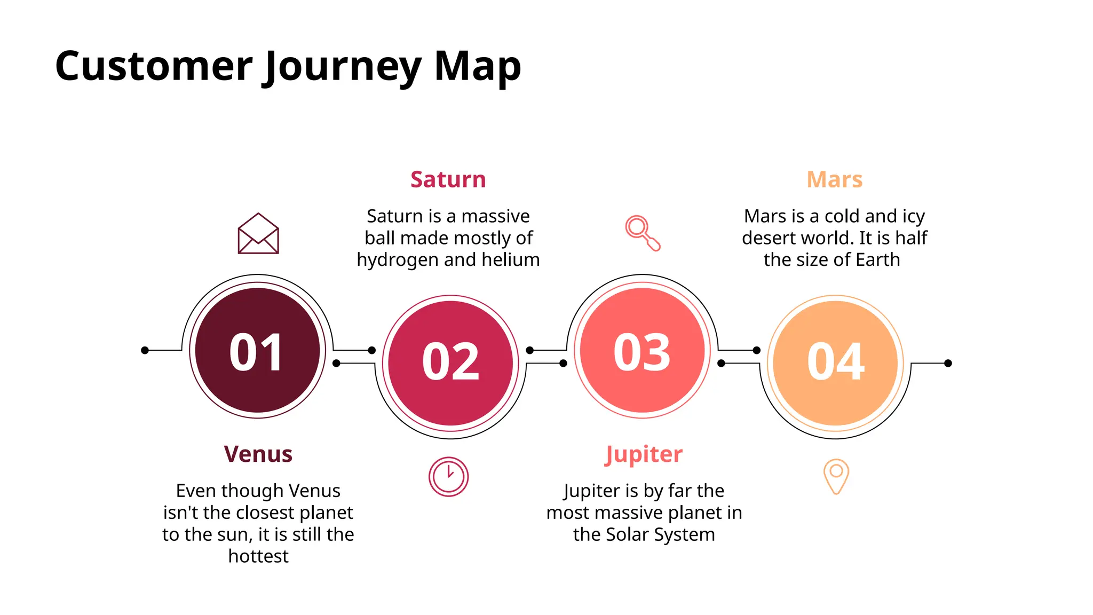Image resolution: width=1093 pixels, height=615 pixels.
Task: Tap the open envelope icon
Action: [258, 233]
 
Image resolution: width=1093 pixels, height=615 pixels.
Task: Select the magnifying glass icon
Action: [643, 233]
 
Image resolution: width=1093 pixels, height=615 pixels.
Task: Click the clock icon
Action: [448, 476]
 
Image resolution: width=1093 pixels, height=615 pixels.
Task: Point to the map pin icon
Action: [836, 476]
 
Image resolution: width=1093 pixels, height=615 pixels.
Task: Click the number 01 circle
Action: [257, 351]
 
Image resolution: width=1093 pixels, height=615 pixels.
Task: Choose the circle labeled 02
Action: [450, 363]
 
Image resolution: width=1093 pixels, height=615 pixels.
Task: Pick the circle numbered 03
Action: [643, 351]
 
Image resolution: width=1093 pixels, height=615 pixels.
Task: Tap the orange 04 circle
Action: [836, 363]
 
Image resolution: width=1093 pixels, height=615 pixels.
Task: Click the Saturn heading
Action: [448, 179]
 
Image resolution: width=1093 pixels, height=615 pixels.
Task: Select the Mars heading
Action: [835, 179]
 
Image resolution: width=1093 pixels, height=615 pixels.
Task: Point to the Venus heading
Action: [258, 454]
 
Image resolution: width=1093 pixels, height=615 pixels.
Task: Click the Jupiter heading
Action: [644, 454]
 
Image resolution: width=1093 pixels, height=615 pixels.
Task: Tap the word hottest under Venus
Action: [258, 556]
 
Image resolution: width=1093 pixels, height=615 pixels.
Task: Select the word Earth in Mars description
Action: [878, 260]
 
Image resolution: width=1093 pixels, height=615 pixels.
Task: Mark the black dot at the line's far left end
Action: [145, 350]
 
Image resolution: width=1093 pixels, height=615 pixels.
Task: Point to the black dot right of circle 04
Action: [948, 363]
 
